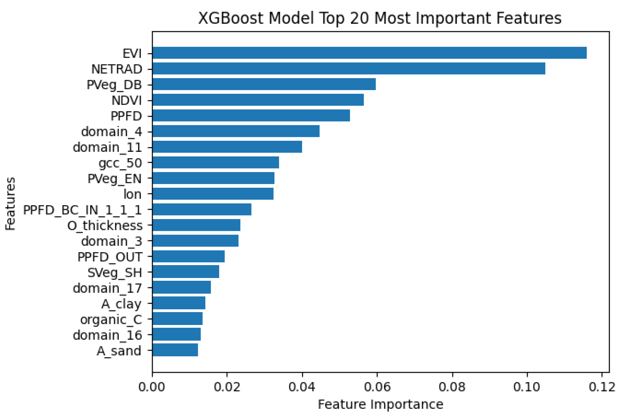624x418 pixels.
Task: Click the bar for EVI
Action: click(369, 53)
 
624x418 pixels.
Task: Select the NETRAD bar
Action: click(349, 68)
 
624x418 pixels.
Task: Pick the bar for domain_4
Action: click(236, 131)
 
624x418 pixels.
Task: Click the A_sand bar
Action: click(175, 350)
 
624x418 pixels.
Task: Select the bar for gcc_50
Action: click(215, 162)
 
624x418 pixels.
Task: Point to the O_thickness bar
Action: click(196, 225)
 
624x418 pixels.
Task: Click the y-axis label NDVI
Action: click(126, 101)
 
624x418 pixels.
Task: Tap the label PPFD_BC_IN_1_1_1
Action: click(82, 210)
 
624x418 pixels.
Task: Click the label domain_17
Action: click(107, 288)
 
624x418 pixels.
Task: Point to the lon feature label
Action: click(132, 194)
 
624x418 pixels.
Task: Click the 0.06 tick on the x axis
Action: click(377, 387)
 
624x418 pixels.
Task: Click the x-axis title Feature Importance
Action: click(380, 404)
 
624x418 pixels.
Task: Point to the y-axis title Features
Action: click(11, 204)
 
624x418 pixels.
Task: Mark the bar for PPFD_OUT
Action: click(188, 256)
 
